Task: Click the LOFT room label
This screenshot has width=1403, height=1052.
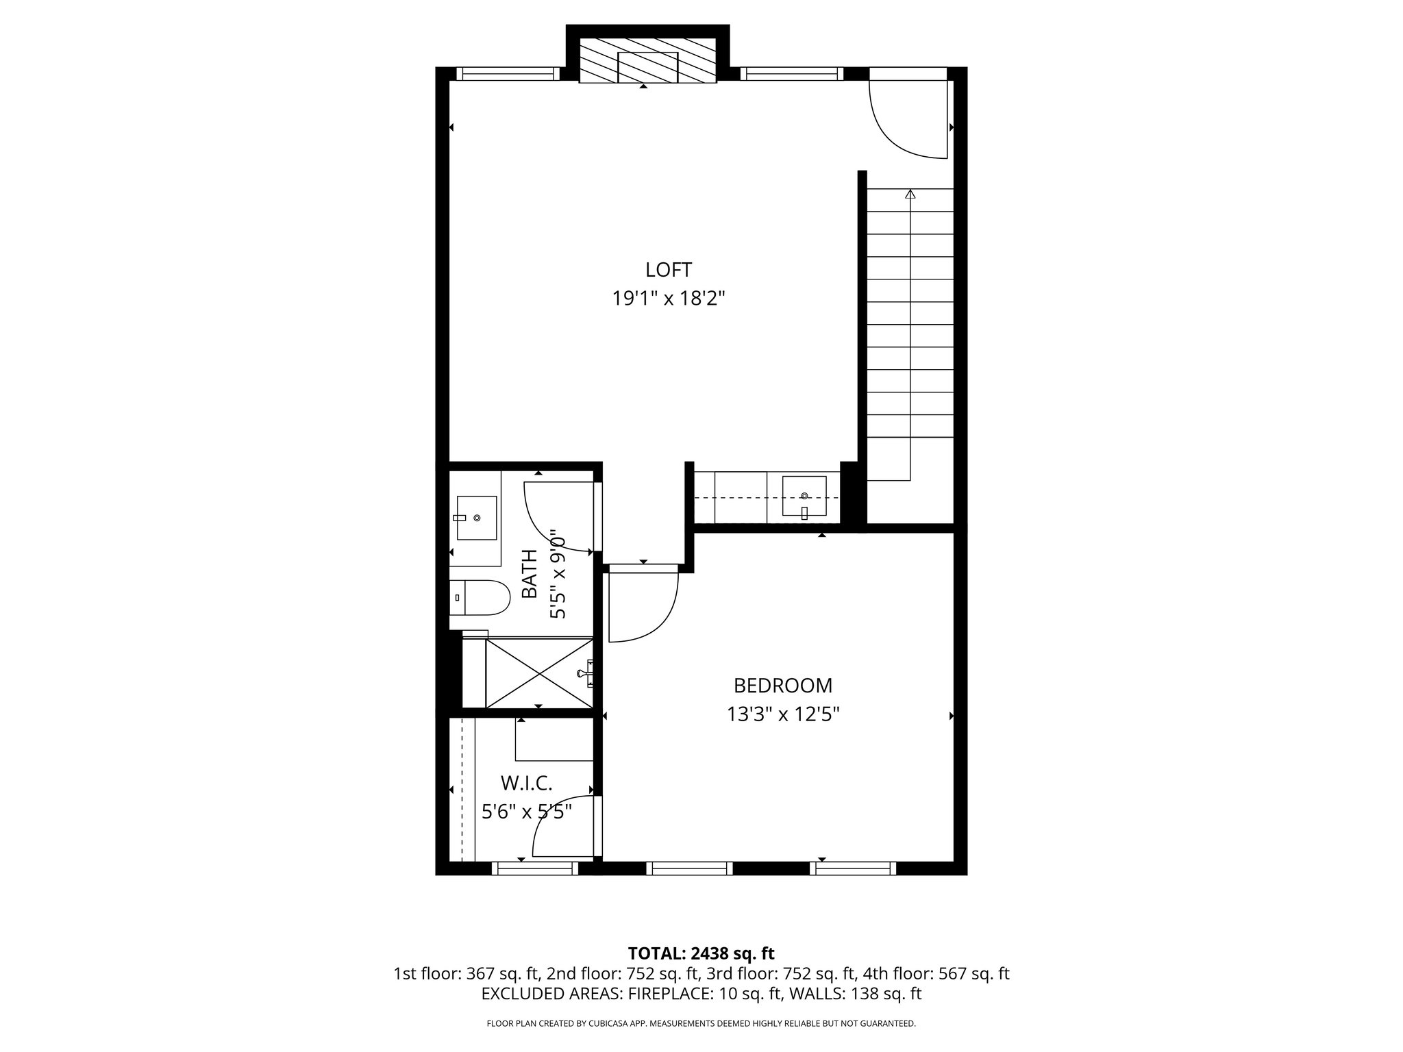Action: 669,269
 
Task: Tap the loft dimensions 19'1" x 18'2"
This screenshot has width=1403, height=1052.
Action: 669,299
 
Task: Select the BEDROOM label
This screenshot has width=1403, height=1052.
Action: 783,686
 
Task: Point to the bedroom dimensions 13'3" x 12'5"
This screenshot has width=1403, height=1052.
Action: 783,715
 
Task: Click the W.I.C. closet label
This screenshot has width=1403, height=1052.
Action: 526,782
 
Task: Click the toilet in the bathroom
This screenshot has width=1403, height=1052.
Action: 480,597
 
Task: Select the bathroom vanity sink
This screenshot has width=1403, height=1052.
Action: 476,518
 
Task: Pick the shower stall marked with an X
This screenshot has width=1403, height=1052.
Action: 539,673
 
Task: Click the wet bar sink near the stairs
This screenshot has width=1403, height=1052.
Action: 804,496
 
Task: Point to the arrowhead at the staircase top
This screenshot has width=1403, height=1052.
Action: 910,194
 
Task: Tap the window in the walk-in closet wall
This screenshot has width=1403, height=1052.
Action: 535,868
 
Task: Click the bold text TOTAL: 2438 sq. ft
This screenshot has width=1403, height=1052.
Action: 701,953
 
